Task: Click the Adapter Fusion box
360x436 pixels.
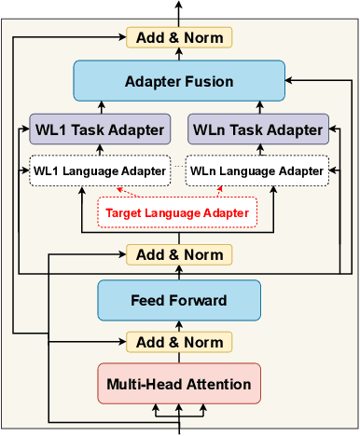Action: [x=178, y=82]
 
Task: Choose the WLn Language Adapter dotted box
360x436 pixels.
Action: [x=257, y=171]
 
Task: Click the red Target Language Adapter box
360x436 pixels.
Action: [x=177, y=212]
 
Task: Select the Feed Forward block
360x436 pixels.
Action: [x=177, y=300]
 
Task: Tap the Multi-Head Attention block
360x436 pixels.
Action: [x=177, y=383]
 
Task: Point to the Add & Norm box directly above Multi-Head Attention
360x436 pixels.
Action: [x=177, y=341]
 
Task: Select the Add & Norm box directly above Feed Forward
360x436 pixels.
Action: [x=177, y=254]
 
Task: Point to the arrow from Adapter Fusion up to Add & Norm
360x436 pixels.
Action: [x=178, y=56]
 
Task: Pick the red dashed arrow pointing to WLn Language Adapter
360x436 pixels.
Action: [x=233, y=191]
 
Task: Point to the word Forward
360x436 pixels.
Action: [x=194, y=300]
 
